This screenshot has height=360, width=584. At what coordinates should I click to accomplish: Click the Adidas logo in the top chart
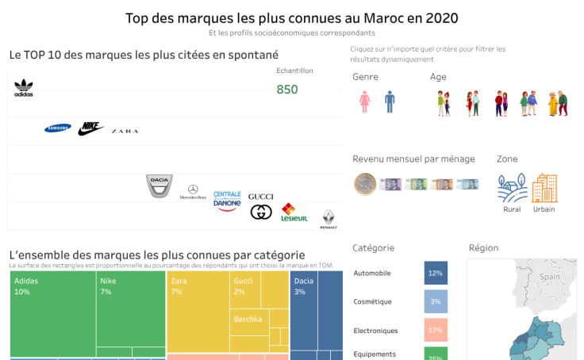pyautogui.click(x=24, y=88)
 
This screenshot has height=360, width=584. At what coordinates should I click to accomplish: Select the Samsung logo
pyautogui.click(x=58, y=128)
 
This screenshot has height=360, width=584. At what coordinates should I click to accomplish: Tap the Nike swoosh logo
pyautogui.click(x=91, y=128)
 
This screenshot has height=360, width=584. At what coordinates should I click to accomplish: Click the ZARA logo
pyautogui.click(x=125, y=131)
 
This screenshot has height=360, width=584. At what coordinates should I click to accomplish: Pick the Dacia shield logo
pyautogui.click(x=159, y=186)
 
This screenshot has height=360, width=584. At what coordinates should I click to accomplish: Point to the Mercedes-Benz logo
pyautogui.click(x=192, y=191)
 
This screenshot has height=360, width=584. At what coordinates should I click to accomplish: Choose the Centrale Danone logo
pyautogui.click(x=227, y=200)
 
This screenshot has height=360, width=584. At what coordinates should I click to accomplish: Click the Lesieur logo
pyautogui.click(x=294, y=213)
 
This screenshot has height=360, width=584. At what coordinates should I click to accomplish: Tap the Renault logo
pyautogui.click(x=328, y=220)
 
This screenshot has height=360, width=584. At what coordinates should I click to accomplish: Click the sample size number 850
pyautogui.click(x=287, y=90)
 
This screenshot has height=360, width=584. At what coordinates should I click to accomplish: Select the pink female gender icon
pyautogui.click(x=365, y=101)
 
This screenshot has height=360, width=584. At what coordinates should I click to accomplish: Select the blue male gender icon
pyautogui.click(x=390, y=101)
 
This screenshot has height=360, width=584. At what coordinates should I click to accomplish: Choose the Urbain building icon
pyautogui.click(x=544, y=189)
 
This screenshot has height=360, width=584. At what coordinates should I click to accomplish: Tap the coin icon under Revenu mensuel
pyautogui.click(x=364, y=184)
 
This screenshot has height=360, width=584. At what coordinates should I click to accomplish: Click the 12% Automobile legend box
pyautogui.click(x=436, y=273)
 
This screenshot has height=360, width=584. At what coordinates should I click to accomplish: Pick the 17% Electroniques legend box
pyautogui.click(x=436, y=330)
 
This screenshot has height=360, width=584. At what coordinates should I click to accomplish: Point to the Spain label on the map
pyautogui.click(x=550, y=278)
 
